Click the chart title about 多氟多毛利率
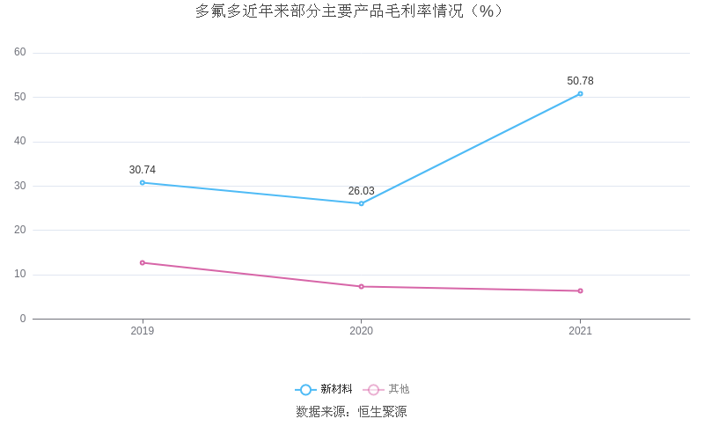pos(349,11)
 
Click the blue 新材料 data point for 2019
pos(143,182)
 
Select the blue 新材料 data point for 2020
pos(361,203)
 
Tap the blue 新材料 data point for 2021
pos(580,93)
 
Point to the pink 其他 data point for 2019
pos(143,262)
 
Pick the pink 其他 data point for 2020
pos(361,286)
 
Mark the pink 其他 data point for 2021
pos(580,290)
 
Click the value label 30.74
pos(143,170)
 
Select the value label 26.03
pos(361,191)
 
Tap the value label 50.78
pos(580,81)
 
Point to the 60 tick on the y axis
pos(20,52)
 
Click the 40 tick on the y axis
pos(20,141)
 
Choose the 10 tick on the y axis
pos(20,274)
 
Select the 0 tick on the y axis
pos(23,319)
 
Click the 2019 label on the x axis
pos(143,331)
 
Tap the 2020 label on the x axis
pos(361,331)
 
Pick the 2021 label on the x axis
pos(580,331)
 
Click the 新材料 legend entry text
pos(336,389)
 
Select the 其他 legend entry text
pos(399,389)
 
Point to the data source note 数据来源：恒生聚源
pos(351,412)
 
